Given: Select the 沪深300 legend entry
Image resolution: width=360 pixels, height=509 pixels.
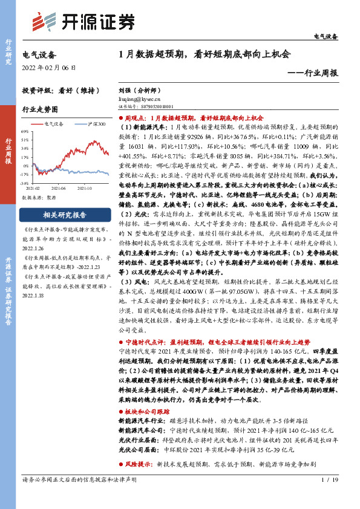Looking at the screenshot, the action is click(95, 124).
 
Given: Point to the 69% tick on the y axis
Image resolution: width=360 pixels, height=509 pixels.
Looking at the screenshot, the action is click(25, 131).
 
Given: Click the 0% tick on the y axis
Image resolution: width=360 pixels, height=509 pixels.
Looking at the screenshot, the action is click(25, 165).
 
